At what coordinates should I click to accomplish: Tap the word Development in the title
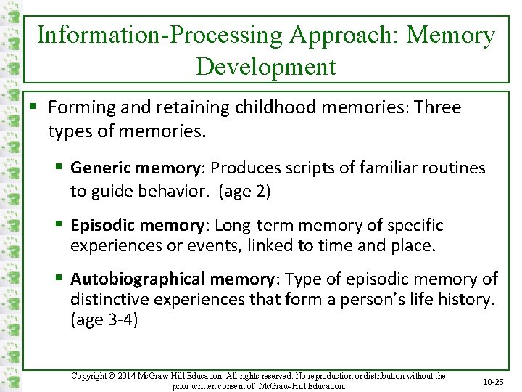(266, 67)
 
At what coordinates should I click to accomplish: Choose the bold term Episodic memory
(138, 225)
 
